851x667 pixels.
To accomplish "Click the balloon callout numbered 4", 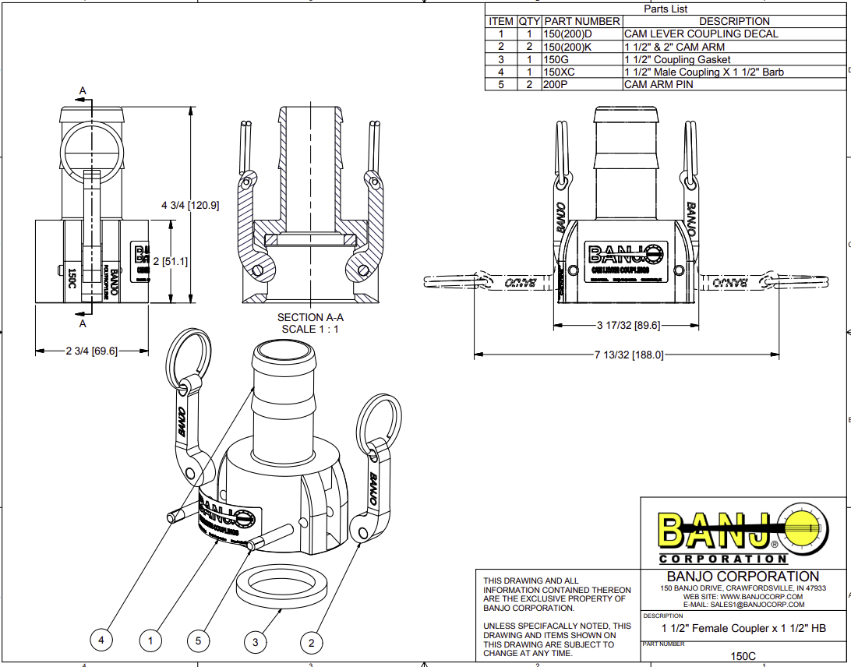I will (x=101, y=641).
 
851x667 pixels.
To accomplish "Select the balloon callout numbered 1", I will (x=150, y=641).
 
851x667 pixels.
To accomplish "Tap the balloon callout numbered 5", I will (x=199, y=641).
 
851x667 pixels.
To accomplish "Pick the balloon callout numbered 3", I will (x=255, y=642).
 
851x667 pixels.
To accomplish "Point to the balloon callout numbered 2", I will (x=312, y=642).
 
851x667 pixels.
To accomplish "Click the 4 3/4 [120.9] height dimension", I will (x=190, y=206).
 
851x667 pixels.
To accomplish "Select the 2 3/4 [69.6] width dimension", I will (x=91, y=351).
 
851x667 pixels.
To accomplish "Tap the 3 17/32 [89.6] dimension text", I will (x=628, y=326).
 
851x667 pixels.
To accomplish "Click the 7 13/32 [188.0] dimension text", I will (x=629, y=355).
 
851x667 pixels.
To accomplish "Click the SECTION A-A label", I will (x=311, y=317).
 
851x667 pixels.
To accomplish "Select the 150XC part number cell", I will (x=559, y=72).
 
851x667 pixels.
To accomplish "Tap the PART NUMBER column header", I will (x=582, y=21).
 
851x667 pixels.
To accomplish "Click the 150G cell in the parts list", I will (x=555, y=59).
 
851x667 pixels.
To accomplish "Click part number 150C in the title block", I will (x=743, y=656).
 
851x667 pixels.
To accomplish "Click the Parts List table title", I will (x=666, y=9).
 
